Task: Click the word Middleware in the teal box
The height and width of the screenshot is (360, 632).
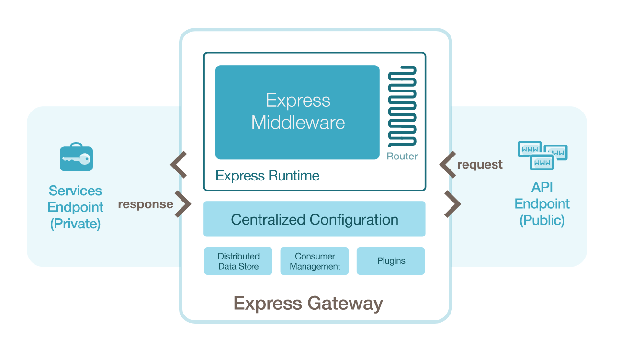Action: point(298,123)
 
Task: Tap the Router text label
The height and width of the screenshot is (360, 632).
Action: point(402,156)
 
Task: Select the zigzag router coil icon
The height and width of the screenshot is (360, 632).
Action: point(402,106)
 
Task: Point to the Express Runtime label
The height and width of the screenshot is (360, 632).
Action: point(267,176)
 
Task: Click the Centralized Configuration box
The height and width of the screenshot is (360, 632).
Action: point(314,219)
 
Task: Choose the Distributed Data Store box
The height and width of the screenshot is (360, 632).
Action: point(238,261)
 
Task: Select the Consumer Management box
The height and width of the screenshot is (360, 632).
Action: point(315,261)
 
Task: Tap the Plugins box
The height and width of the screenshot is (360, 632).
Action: point(391,261)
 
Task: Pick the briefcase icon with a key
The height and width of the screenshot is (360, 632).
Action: point(76,157)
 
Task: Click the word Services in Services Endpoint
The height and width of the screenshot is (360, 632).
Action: point(75,191)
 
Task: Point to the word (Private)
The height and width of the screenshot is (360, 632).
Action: point(75,224)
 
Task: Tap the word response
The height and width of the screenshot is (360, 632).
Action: point(145,204)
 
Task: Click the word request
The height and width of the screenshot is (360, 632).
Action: point(480,165)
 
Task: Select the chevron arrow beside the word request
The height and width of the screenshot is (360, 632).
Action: point(448,165)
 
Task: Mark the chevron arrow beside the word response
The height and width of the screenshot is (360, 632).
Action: point(183,204)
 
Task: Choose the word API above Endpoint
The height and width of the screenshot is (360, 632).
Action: point(542,187)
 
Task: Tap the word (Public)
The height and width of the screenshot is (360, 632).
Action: point(542,220)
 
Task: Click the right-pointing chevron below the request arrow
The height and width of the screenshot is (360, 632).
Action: point(452,204)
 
